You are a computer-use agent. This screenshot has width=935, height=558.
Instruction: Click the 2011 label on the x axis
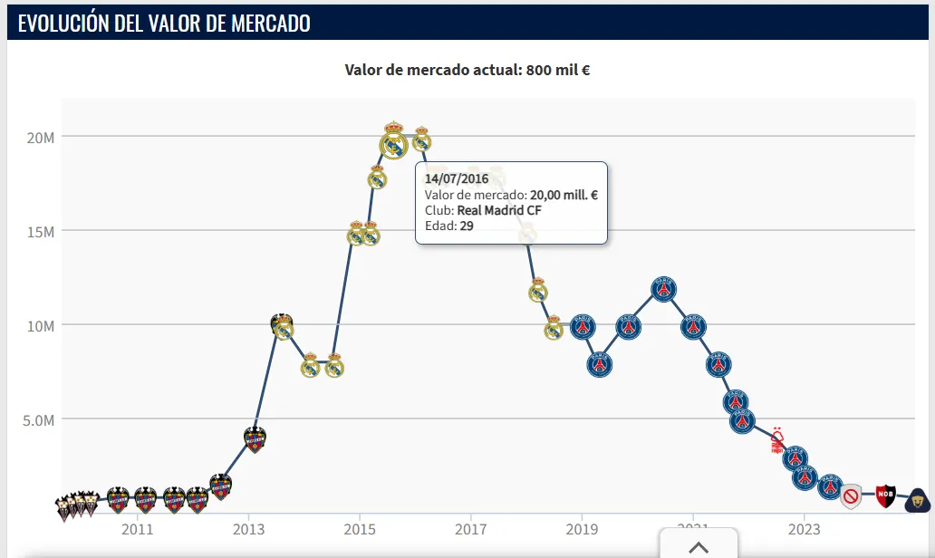coord(137,528)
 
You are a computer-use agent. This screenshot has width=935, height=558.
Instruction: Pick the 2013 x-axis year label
coord(248,528)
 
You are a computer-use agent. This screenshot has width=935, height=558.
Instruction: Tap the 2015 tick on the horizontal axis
coord(360,528)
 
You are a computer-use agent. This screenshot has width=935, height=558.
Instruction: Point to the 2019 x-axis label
coord(582,528)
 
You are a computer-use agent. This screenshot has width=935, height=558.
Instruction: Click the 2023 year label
coord(804,528)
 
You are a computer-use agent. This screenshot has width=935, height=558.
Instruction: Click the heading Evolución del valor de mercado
coord(164,24)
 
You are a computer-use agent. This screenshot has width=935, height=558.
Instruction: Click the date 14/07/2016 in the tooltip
coord(457,179)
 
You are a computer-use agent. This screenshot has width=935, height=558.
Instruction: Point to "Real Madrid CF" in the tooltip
coord(499,210)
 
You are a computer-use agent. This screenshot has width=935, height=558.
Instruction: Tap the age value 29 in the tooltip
coord(467,226)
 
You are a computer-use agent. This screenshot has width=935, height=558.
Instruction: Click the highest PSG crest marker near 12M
coord(664,289)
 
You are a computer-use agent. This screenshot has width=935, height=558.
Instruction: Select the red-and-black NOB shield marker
coord(885,495)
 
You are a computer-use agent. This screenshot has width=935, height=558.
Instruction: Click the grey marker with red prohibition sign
coord(851,495)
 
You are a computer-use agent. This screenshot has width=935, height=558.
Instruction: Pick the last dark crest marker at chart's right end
coord(919,498)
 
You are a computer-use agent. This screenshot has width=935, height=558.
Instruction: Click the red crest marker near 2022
coord(777,440)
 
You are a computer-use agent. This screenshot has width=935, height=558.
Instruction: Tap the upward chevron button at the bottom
coord(698,546)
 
